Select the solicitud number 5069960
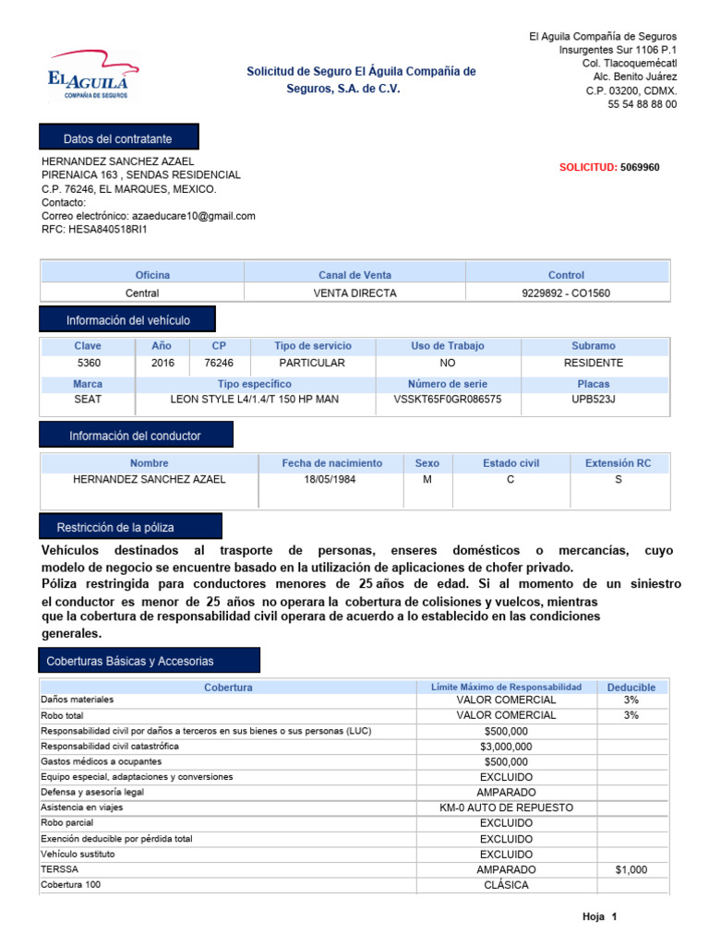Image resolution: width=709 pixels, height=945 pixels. (x=640, y=167)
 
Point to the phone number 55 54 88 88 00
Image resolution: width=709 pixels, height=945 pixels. (x=642, y=104)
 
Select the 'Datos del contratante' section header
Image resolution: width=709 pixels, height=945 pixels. (x=117, y=138)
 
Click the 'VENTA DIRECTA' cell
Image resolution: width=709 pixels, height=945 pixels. (x=354, y=293)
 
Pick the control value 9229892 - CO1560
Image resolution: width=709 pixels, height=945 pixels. (x=566, y=293)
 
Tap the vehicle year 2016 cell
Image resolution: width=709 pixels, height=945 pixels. (x=162, y=364)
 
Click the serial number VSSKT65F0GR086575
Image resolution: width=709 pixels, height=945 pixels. (x=448, y=400)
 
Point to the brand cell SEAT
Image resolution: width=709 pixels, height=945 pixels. (x=88, y=400)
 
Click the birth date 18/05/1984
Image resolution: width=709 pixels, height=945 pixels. (x=331, y=480)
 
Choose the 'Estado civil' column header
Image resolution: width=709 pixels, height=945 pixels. (x=511, y=463)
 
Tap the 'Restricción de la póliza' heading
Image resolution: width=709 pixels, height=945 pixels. (x=115, y=528)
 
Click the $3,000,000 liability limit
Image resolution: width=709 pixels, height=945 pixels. (x=506, y=747)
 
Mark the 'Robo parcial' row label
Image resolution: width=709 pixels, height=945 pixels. (x=67, y=822)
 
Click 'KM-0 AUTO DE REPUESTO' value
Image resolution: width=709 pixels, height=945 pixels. (x=506, y=807)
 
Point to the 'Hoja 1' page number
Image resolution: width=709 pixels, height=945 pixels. (x=598, y=916)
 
